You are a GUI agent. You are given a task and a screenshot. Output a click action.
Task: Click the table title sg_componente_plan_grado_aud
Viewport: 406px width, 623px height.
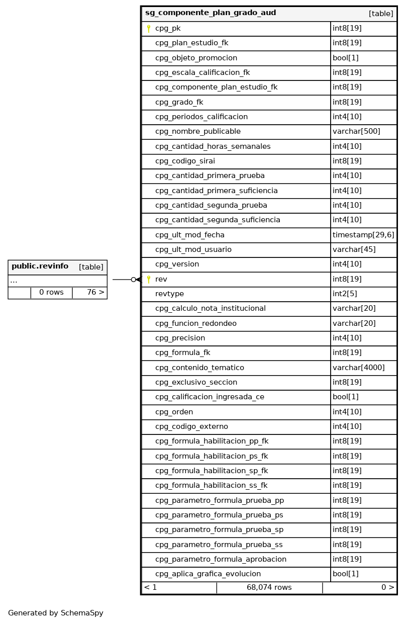(211, 13)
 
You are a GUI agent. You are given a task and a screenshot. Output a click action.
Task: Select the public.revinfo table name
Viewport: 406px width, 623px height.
(40, 266)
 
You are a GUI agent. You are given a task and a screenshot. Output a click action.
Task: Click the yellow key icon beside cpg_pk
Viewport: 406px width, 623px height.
(149, 29)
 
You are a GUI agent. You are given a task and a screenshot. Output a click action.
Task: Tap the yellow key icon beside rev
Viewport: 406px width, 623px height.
(149, 280)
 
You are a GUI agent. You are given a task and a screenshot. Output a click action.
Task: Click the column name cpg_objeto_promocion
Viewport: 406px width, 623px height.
(196, 58)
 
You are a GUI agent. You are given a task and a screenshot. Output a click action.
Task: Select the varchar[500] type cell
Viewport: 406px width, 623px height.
(356, 132)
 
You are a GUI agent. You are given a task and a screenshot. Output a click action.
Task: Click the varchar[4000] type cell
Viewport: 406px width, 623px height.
(358, 368)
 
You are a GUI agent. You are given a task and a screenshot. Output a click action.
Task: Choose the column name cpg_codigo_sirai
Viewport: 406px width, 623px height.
(185, 161)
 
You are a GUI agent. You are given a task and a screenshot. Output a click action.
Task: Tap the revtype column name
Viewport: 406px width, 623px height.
(169, 294)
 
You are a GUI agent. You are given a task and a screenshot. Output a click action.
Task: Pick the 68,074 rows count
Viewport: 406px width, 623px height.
(269, 587)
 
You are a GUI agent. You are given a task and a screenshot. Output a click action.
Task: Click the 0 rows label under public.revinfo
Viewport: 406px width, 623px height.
(51, 293)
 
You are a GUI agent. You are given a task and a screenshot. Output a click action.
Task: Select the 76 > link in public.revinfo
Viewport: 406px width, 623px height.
(95, 293)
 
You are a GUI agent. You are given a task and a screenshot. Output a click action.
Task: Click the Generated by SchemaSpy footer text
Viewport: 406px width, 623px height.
(55, 613)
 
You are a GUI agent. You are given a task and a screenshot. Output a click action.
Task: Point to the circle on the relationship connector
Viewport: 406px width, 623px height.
(133, 280)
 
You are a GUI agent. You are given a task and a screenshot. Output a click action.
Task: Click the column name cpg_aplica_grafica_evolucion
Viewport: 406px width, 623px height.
(208, 574)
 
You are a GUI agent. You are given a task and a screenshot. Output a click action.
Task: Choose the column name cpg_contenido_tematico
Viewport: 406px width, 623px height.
(199, 368)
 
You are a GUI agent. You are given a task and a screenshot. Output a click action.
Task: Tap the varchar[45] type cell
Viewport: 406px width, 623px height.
(354, 250)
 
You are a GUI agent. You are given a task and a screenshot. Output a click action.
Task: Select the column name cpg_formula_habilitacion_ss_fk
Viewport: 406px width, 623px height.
(211, 486)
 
